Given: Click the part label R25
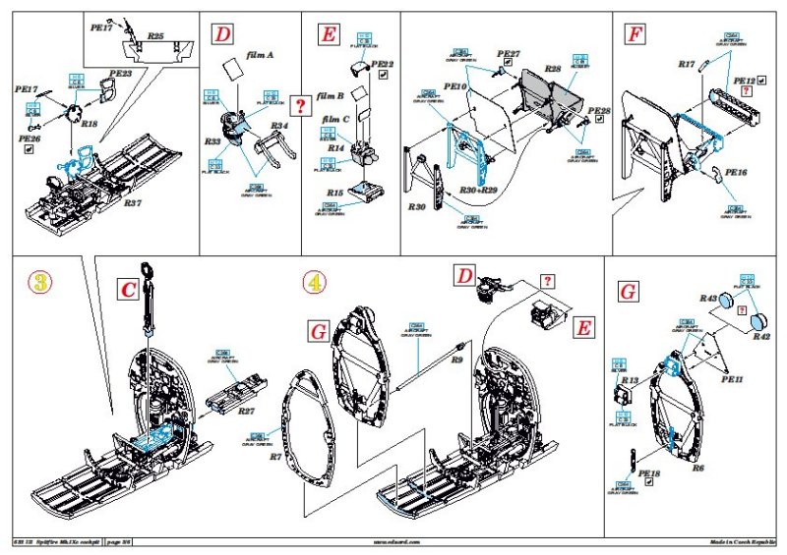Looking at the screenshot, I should pos(155,35).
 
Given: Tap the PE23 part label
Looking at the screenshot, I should pos(121,73).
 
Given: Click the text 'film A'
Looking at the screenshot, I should pos(259,56).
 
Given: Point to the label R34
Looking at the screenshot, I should pos(278,126).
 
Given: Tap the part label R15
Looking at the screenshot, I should pos(336,193).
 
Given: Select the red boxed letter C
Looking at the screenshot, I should pos(128,290).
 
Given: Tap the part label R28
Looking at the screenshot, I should pos(553,69).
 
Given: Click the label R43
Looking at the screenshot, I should pos(707,298).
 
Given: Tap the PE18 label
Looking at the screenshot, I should pos(649,472).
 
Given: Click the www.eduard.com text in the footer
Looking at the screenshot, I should pos(394,541).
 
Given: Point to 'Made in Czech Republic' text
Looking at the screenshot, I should pos(743,541).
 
